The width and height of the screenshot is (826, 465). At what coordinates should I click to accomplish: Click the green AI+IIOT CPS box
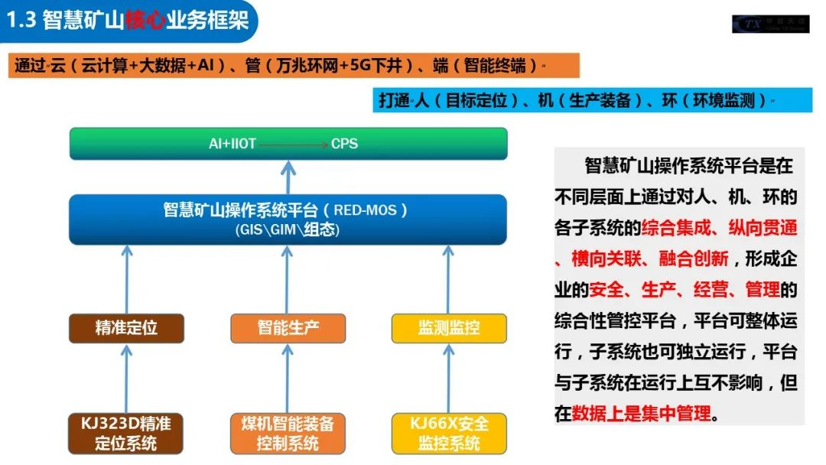pos(288,144)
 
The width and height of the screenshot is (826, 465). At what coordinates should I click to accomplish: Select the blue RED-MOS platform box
pos(288,219)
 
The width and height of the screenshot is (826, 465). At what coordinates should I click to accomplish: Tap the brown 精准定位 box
pos(126,328)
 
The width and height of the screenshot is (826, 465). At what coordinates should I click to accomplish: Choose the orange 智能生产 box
pos(288,328)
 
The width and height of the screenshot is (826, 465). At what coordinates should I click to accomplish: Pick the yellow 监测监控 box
pos(449,328)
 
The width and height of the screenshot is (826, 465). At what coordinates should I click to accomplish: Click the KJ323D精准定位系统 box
pos(126,433)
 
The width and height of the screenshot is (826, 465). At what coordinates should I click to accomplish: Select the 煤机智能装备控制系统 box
pos(288,433)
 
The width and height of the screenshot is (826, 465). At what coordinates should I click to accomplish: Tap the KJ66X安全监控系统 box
pos(449,433)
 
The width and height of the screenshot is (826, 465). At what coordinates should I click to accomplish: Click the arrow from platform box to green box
pos(288,177)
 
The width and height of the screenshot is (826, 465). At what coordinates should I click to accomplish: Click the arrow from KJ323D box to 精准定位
pos(127,378)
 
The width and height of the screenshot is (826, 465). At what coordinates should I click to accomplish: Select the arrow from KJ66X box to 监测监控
pos(449,378)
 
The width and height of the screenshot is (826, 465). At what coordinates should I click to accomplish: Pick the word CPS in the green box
pos(344,144)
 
